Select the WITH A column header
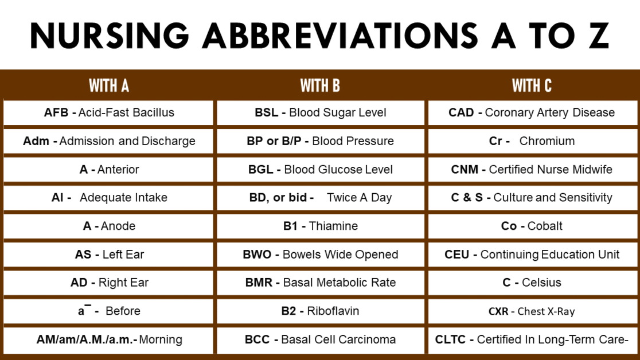[x=108, y=86]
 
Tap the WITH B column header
[x=320, y=86]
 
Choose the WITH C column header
[x=532, y=86]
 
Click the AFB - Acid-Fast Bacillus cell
[x=108, y=112]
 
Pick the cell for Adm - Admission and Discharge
[x=108, y=141]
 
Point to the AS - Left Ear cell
[x=108, y=254]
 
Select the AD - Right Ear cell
[x=108, y=283]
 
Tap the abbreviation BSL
[x=267, y=112]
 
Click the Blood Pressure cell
[x=320, y=141]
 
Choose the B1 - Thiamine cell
[x=320, y=226]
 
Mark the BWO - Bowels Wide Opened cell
[x=320, y=254]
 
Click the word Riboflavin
[x=333, y=311]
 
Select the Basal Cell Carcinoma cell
[x=320, y=339]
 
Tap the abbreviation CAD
[x=461, y=112]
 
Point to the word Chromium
[x=547, y=141]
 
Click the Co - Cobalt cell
[x=532, y=226]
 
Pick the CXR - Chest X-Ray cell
[x=532, y=311]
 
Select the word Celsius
[x=541, y=283]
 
